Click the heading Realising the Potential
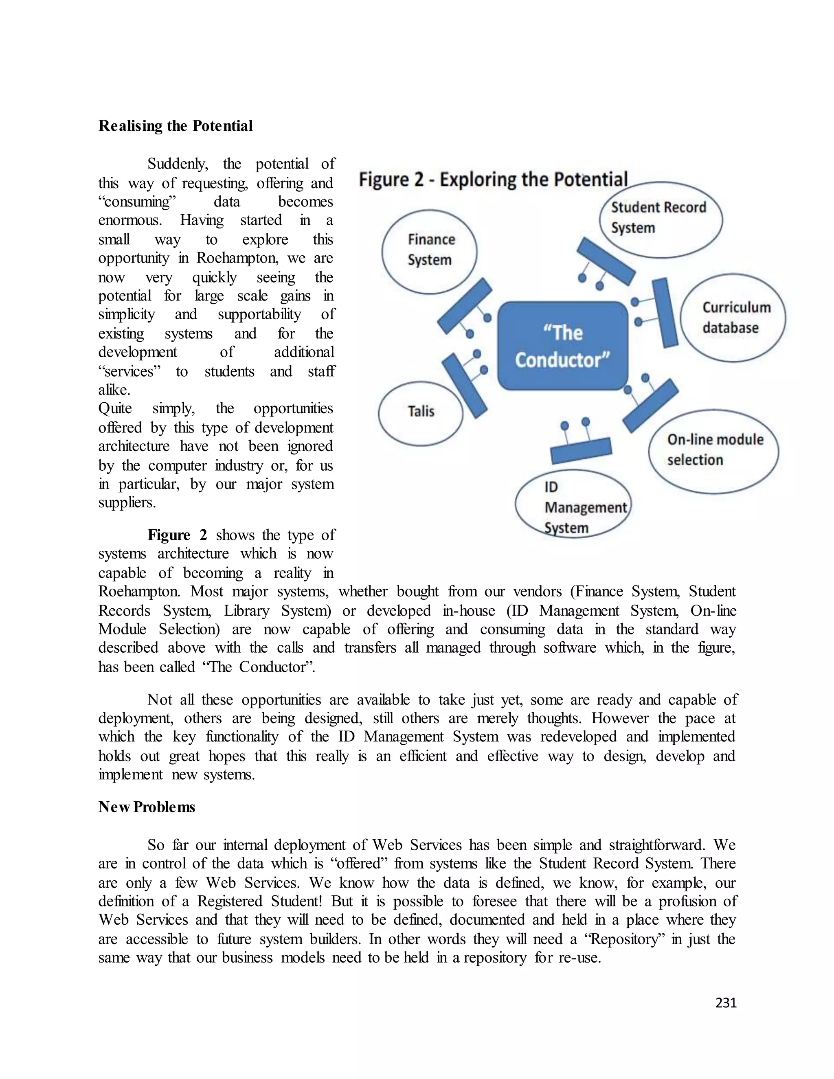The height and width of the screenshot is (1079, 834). coord(176,126)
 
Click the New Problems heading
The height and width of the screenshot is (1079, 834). coord(147,807)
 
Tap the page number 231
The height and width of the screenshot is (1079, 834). coord(725,1002)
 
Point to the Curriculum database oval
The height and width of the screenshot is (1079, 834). coord(733,318)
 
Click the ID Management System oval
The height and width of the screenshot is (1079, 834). coord(573,504)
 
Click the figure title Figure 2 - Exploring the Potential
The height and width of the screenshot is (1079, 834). coord(493,179)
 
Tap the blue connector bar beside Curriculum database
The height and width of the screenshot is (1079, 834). coord(665,313)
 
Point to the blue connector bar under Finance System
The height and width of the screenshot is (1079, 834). coord(465,306)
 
